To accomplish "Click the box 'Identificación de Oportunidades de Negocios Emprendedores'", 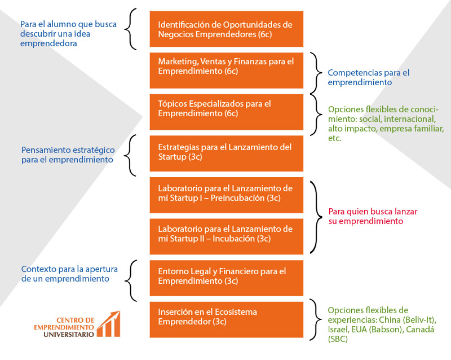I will pos(226,29).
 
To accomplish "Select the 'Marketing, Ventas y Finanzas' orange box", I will pos(226,70).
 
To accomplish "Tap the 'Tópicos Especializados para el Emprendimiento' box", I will pos(226,111).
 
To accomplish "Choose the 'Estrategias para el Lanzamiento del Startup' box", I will pos(226,153).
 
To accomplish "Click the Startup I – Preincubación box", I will pos(226,195).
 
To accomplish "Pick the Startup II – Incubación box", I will pos(226,236).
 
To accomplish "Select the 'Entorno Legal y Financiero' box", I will pos(226,278).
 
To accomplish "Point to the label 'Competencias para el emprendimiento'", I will pos(368,77).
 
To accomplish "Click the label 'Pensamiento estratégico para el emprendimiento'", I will pos(68,155).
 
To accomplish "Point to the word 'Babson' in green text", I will pos(393,330).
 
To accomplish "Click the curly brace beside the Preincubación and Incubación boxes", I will pos(315,216).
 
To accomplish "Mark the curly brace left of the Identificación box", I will pos(131,29).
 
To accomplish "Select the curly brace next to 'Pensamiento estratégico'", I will pos(131,153).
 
